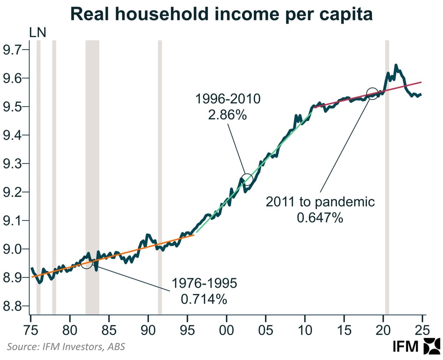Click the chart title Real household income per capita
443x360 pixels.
[x=221, y=14]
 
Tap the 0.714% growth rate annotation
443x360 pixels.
[x=204, y=299]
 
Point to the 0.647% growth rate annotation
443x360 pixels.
[x=320, y=218]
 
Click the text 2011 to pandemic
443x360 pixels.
[x=320, y=202]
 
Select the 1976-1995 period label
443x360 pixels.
[x=204, y=283]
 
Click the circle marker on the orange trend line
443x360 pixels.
[x=87, y=263]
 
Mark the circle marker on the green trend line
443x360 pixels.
[x=247, y=179]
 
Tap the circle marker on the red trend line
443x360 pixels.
[x=373, y=94]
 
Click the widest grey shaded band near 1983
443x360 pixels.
[x=92, y=177]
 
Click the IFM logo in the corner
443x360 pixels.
[x=416, y=347]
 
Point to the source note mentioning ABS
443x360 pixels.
[x=66, y=347]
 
